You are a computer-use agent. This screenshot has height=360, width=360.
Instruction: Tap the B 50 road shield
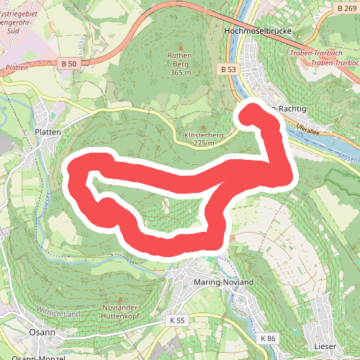point(69,64)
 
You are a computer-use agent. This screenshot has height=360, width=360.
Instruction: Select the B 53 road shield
point(228,69)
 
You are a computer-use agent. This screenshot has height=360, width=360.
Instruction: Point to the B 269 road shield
point(346,7)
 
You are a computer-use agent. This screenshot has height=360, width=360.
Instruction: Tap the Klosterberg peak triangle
point(204,126)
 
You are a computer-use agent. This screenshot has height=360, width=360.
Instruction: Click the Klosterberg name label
point(204,135)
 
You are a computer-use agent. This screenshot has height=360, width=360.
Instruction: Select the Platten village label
point(48,132)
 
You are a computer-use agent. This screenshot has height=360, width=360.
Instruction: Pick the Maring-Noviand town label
point(224,283)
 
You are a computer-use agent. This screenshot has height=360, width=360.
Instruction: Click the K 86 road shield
point(268,338)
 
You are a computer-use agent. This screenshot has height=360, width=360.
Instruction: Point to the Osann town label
point(22,332)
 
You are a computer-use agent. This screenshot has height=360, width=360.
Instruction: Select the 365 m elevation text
point(181,73)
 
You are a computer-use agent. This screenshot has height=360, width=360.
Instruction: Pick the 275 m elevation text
point(204,144)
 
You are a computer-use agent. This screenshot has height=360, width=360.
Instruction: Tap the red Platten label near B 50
point(16,67)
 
